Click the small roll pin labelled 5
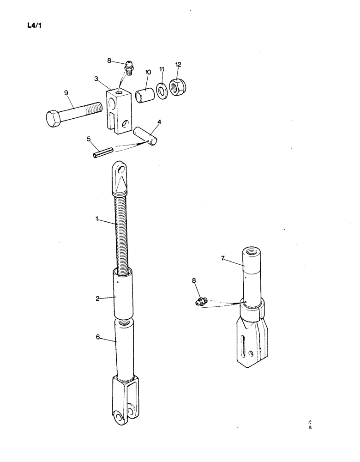point(102,152)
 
